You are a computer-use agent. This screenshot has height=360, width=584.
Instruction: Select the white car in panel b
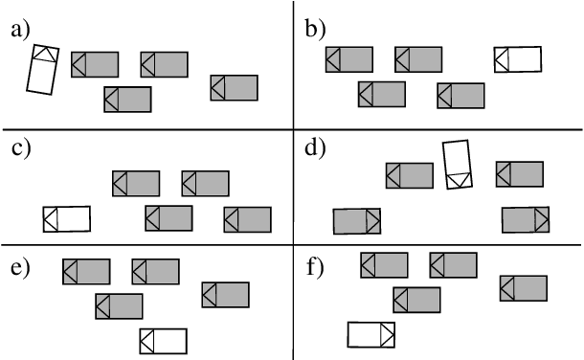pos(518,59)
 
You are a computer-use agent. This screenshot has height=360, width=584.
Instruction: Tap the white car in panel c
pos(67,219)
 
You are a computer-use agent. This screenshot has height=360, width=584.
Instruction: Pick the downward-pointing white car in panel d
pos(459,164)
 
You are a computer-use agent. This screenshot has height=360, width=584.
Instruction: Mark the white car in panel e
pos(163,341)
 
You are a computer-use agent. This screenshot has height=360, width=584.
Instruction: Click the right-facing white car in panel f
pos(371,334)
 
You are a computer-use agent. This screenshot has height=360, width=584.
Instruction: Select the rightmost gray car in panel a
pos(235,87)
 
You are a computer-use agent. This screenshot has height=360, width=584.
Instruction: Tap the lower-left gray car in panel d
pos(357,221)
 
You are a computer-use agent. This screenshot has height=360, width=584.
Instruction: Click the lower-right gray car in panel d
pos(526,219)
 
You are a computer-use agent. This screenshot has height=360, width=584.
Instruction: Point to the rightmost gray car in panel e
pos(226,294)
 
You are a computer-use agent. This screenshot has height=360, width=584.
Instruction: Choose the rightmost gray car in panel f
pos(524,288)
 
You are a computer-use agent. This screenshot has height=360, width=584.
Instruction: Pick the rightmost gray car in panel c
pos(248,219)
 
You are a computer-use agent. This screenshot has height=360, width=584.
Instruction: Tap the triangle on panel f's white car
pos(388,334)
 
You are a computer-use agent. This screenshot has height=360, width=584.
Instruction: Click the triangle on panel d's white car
pos(460,179)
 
